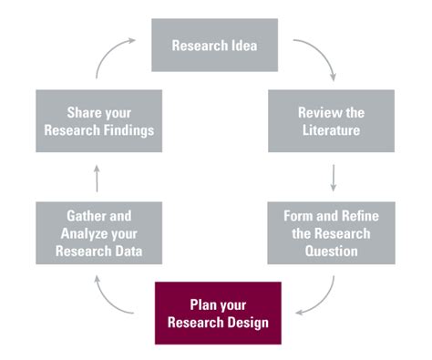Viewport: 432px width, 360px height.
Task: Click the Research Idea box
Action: coord(214,44)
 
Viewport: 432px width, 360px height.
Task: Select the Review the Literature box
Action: coord(331,120)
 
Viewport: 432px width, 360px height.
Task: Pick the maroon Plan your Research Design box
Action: coord(218,312)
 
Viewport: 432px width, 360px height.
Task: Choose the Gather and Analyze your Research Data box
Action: coord(98,232)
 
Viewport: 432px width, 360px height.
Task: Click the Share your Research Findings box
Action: coord(98,120)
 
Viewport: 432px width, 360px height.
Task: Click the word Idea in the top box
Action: coord(243,44)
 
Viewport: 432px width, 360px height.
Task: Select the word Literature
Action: coord(331,129)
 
